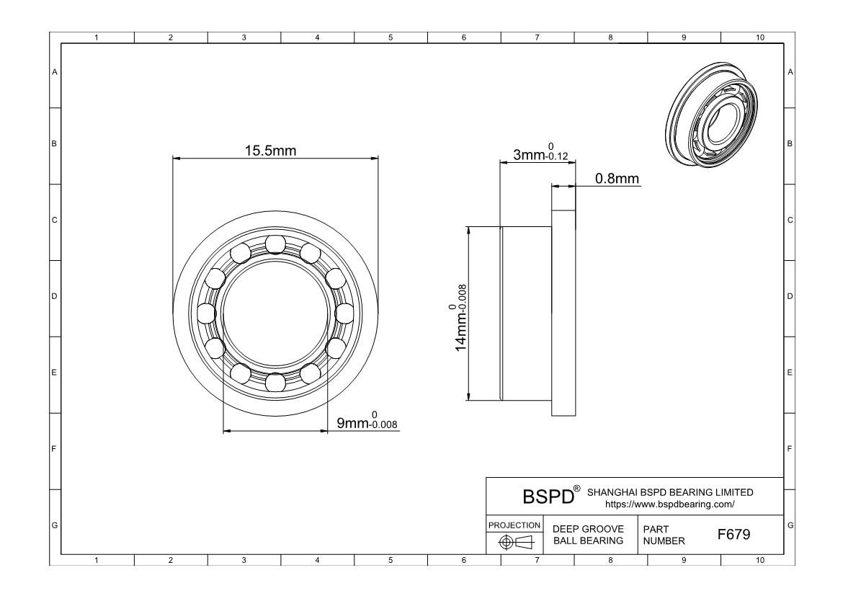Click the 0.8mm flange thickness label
coord(617,179)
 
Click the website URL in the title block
coord(670,504)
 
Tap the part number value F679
coord(733,535)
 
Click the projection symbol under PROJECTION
coord(514,542)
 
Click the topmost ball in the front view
coord(275,244)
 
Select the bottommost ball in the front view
coord(275,381)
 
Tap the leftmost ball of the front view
coord(207,313)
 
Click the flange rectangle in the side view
coord(563,313)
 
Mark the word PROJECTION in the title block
coord(514,525)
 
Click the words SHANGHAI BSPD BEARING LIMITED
coord(670,492)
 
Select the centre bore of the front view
coord(275,313)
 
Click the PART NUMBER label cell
coord(659,535)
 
